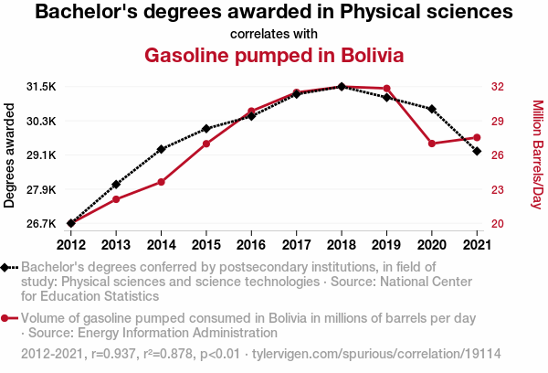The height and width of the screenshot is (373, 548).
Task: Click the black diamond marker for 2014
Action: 161,149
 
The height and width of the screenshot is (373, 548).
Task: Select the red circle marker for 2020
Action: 431,144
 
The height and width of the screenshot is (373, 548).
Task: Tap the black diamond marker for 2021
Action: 477,151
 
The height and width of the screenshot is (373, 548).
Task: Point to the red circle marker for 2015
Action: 206,144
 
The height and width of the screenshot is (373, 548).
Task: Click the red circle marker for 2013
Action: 116,199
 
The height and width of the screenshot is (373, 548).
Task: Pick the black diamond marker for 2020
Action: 431,109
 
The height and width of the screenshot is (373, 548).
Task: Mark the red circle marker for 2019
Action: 386,89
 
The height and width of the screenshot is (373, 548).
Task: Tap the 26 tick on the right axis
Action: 499,155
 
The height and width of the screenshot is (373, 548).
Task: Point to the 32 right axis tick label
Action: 499,87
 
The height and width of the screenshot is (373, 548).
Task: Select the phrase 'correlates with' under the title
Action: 274,34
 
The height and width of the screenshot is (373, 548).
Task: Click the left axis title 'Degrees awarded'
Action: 10,155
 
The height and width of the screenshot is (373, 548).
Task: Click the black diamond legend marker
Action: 8,267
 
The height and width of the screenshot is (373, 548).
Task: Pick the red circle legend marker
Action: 8,318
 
